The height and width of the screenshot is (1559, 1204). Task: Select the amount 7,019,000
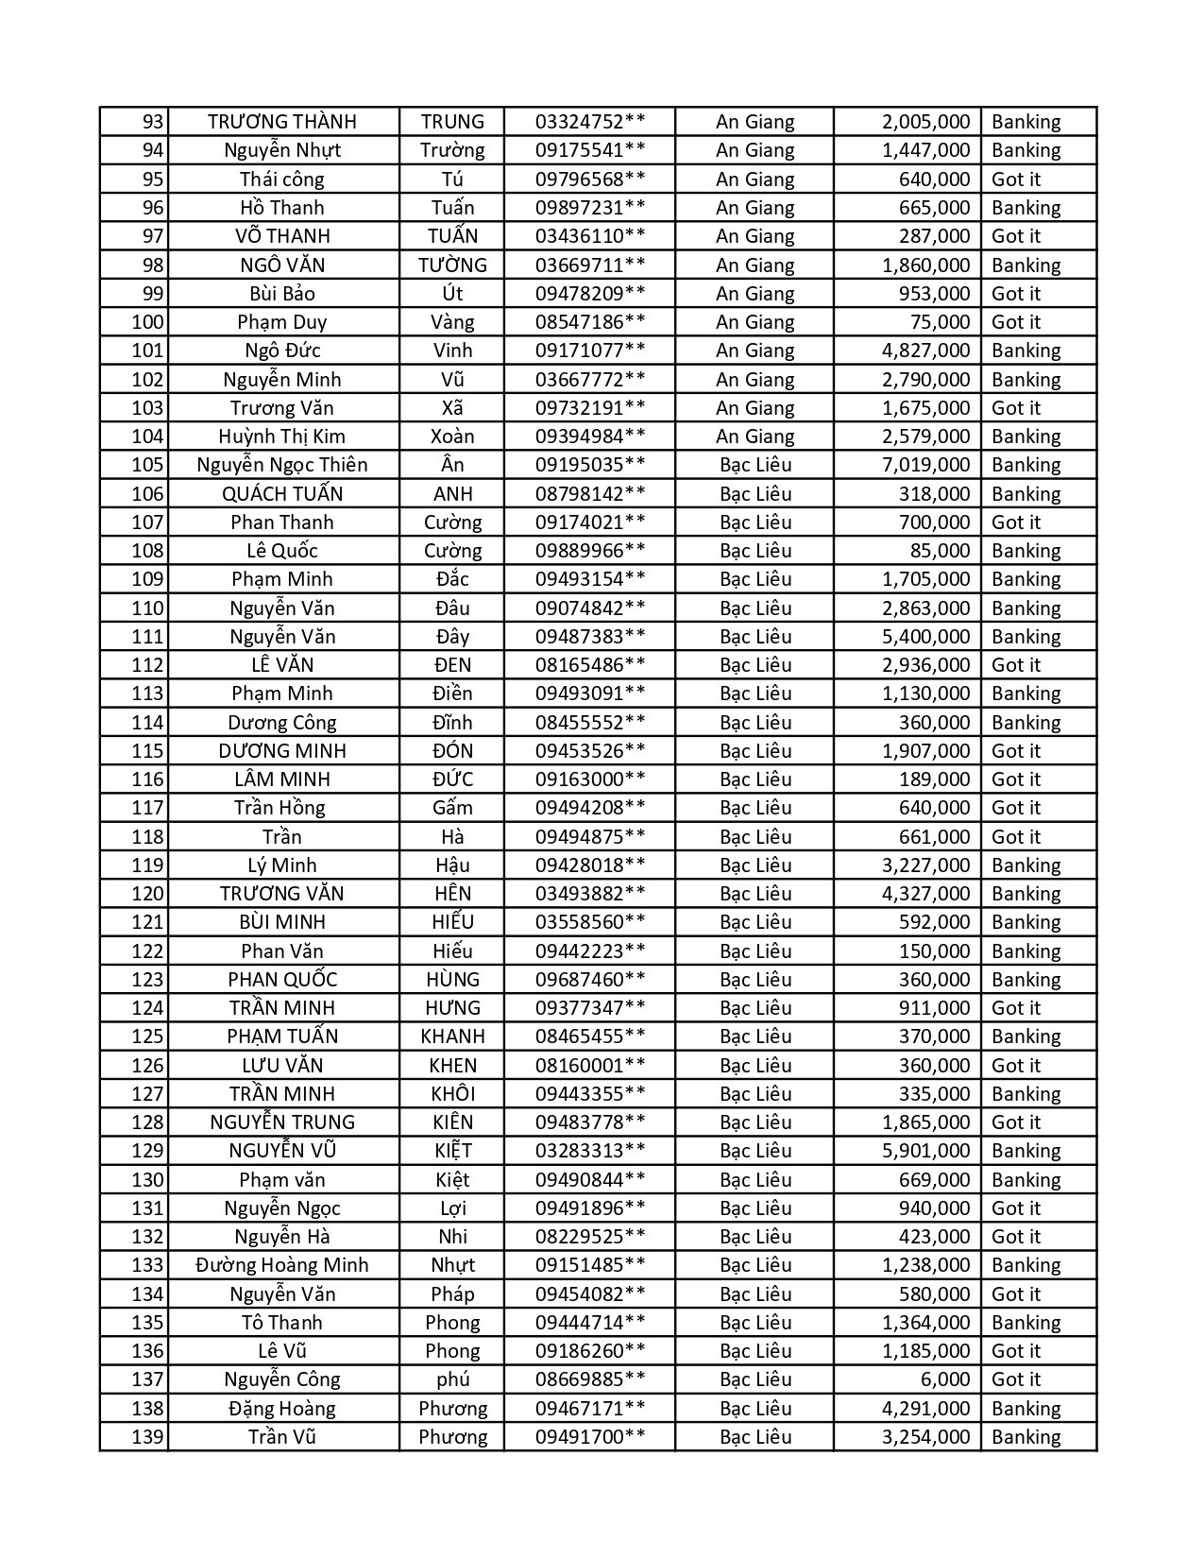pos(925,465)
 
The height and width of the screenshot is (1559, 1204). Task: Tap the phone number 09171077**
pos(590,351)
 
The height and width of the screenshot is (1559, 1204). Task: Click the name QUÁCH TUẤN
pos(282,493)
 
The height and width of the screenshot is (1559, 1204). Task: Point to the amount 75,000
pos(940,322)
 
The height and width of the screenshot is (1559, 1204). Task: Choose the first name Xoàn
pos(452,437)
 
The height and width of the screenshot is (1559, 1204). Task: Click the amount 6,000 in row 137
pos(945,1379)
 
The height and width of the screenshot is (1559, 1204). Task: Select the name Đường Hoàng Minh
pos(282,1265)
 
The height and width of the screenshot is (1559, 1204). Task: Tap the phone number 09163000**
pos(590,779)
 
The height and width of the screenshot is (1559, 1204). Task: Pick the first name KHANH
pos(452,1036)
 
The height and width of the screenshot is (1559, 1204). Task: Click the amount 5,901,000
pos(925,1151)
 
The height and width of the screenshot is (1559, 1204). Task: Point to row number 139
pos(147,1437)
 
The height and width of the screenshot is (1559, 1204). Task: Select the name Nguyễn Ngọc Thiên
pos(282,465)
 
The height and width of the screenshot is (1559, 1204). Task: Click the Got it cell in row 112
pos(1016,665)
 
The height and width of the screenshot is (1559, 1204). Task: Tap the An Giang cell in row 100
pos(755,322)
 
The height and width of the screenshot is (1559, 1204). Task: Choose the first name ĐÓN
pos(452,751)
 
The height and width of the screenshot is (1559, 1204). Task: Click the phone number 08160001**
pos(590,1066)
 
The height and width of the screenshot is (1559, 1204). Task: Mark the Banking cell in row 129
pos(1026,1151)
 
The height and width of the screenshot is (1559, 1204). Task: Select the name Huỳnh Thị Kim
pos(282,437)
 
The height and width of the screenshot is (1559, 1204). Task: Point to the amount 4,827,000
pos(925,351)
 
